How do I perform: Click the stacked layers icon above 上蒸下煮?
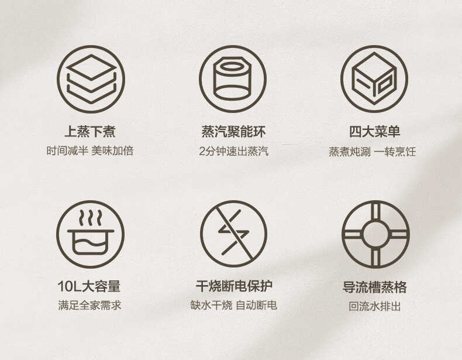point(91,78)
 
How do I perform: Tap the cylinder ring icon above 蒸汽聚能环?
point(233,78)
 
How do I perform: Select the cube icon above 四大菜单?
point(374,78)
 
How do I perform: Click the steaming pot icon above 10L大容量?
point(91,234)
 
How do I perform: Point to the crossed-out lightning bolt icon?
point(233,234)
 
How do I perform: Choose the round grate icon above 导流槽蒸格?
point(375,234)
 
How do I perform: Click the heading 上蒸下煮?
point(90,132)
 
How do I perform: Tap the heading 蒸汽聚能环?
point(233,132)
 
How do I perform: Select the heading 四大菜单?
point(374,132)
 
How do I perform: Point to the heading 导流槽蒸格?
point(375,287)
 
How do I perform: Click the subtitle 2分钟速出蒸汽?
point(233,151)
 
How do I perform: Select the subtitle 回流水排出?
point(375,306)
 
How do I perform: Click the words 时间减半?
point(67,151)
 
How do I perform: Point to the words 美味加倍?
point(113,151)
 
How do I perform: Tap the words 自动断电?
point(256,306)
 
